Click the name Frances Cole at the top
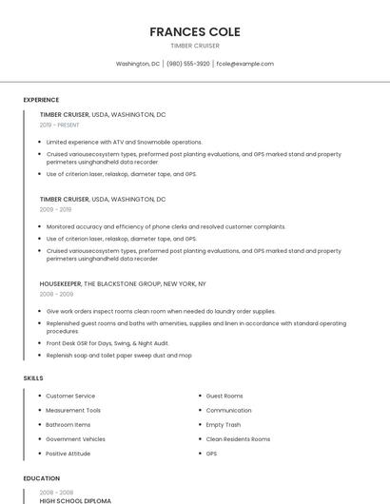pos(195,31)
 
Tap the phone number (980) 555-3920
pos(187,64)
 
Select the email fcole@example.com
pos(244,64)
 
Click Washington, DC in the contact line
pos(138,64)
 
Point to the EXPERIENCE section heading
pos(41,100)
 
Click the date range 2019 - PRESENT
pos(60,125)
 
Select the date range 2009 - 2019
pos(55,209)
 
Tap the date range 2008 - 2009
pos(56,294)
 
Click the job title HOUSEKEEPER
pos(60,283)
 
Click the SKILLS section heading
pos(33,378)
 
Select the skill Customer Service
pos(70,396)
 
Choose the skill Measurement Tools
pos(73,410)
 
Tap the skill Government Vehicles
pos(75,439)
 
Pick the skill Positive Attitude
pos(69,454)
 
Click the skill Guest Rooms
pos(224,396)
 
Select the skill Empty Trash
pos(224,424)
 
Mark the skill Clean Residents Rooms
pos(238,439)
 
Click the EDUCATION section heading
pos(41,478)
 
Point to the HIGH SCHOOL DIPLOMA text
pos(75,500)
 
